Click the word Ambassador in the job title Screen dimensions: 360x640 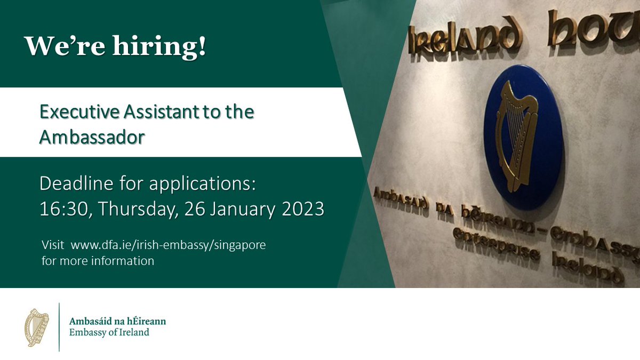92,137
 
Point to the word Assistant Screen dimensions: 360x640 155,113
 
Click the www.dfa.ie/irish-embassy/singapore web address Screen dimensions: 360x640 168,247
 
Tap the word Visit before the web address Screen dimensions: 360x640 52,247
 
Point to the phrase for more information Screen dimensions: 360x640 98,261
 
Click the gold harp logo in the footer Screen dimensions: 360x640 37,326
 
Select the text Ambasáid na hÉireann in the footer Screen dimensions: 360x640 118,321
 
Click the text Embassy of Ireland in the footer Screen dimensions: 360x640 110,332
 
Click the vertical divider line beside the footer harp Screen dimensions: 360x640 59,326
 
